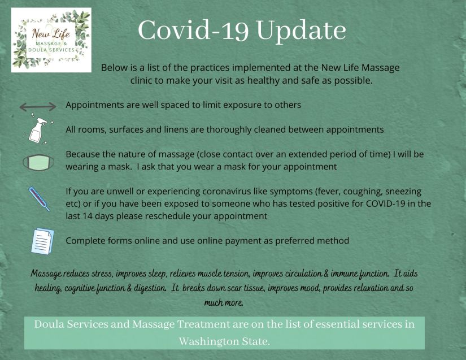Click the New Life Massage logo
tap(51, 40)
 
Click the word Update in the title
tap(301, 31)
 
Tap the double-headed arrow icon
tap(38, 106)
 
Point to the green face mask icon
tap(38, 163)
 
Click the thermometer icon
tap(39, 199)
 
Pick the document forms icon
tap(42, 241)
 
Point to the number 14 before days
tap(88, 216)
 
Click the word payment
tap(243, 241)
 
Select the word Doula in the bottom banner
tap(49, 324)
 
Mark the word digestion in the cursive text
tap(150, 288)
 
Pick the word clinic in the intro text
tap(141, 81)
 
